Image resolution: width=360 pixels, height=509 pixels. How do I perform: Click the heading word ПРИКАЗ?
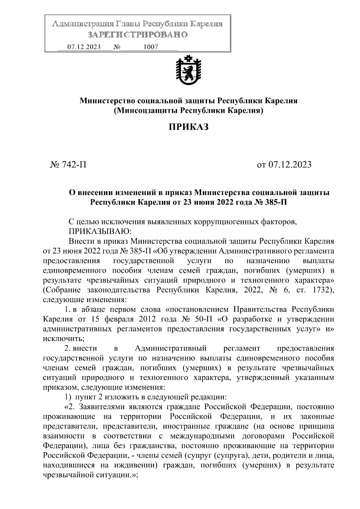[x=188, y=127]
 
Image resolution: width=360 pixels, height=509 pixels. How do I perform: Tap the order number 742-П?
[x=74, y=165]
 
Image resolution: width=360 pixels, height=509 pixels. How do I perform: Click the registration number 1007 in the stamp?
[x=151, y=47]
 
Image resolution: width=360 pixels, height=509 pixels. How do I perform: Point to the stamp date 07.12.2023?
[x=84, y=47]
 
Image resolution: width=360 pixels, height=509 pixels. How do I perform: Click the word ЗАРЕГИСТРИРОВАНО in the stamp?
[x=138, y=35]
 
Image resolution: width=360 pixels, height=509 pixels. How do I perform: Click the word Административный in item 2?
[x=171, y=348]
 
